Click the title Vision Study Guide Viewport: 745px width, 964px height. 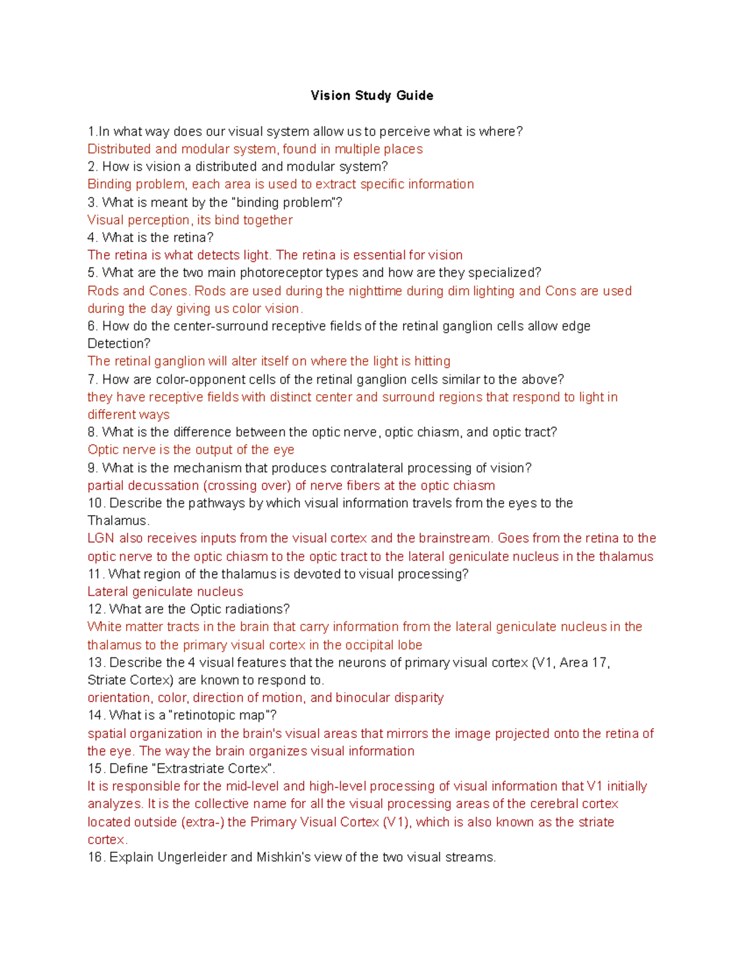[372, 96]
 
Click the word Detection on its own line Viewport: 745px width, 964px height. [118, 343]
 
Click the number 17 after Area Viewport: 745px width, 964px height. [599, 662]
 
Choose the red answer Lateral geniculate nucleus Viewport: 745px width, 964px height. [165, 592]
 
